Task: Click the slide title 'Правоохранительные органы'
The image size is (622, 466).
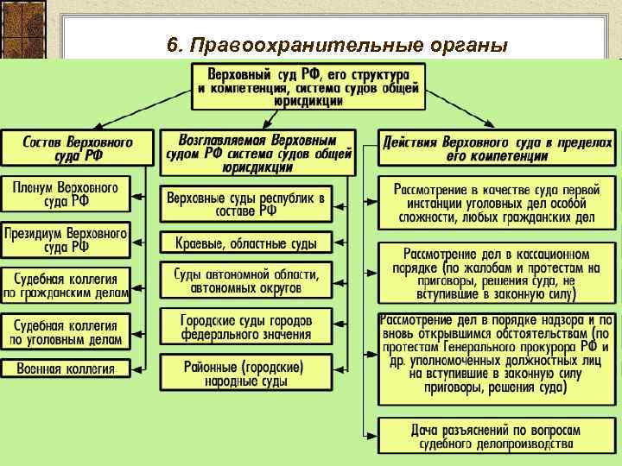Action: (x=336, y=45)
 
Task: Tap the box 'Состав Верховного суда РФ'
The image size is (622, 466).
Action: (x=66, y=148)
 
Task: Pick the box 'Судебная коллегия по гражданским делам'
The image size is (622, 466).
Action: (x=66, y=286)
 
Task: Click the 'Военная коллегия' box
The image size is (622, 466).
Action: (x=66, y=368)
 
